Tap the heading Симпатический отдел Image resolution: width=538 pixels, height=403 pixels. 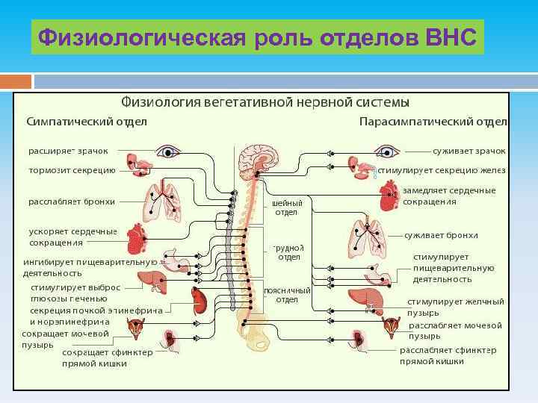tap(87, 121)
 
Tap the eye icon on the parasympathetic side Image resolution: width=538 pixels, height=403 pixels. tap(388, 152)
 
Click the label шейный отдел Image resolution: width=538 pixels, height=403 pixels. tap(288, 207)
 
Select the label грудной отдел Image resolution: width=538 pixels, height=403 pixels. tap(288, 252)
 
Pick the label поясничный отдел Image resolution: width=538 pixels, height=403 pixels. tap(288, 295)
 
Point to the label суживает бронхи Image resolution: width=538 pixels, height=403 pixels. tap(442, 236)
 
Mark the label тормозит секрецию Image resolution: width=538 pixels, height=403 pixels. tap(72, 170)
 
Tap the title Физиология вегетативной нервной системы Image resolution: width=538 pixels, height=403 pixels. tap(265, 101)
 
